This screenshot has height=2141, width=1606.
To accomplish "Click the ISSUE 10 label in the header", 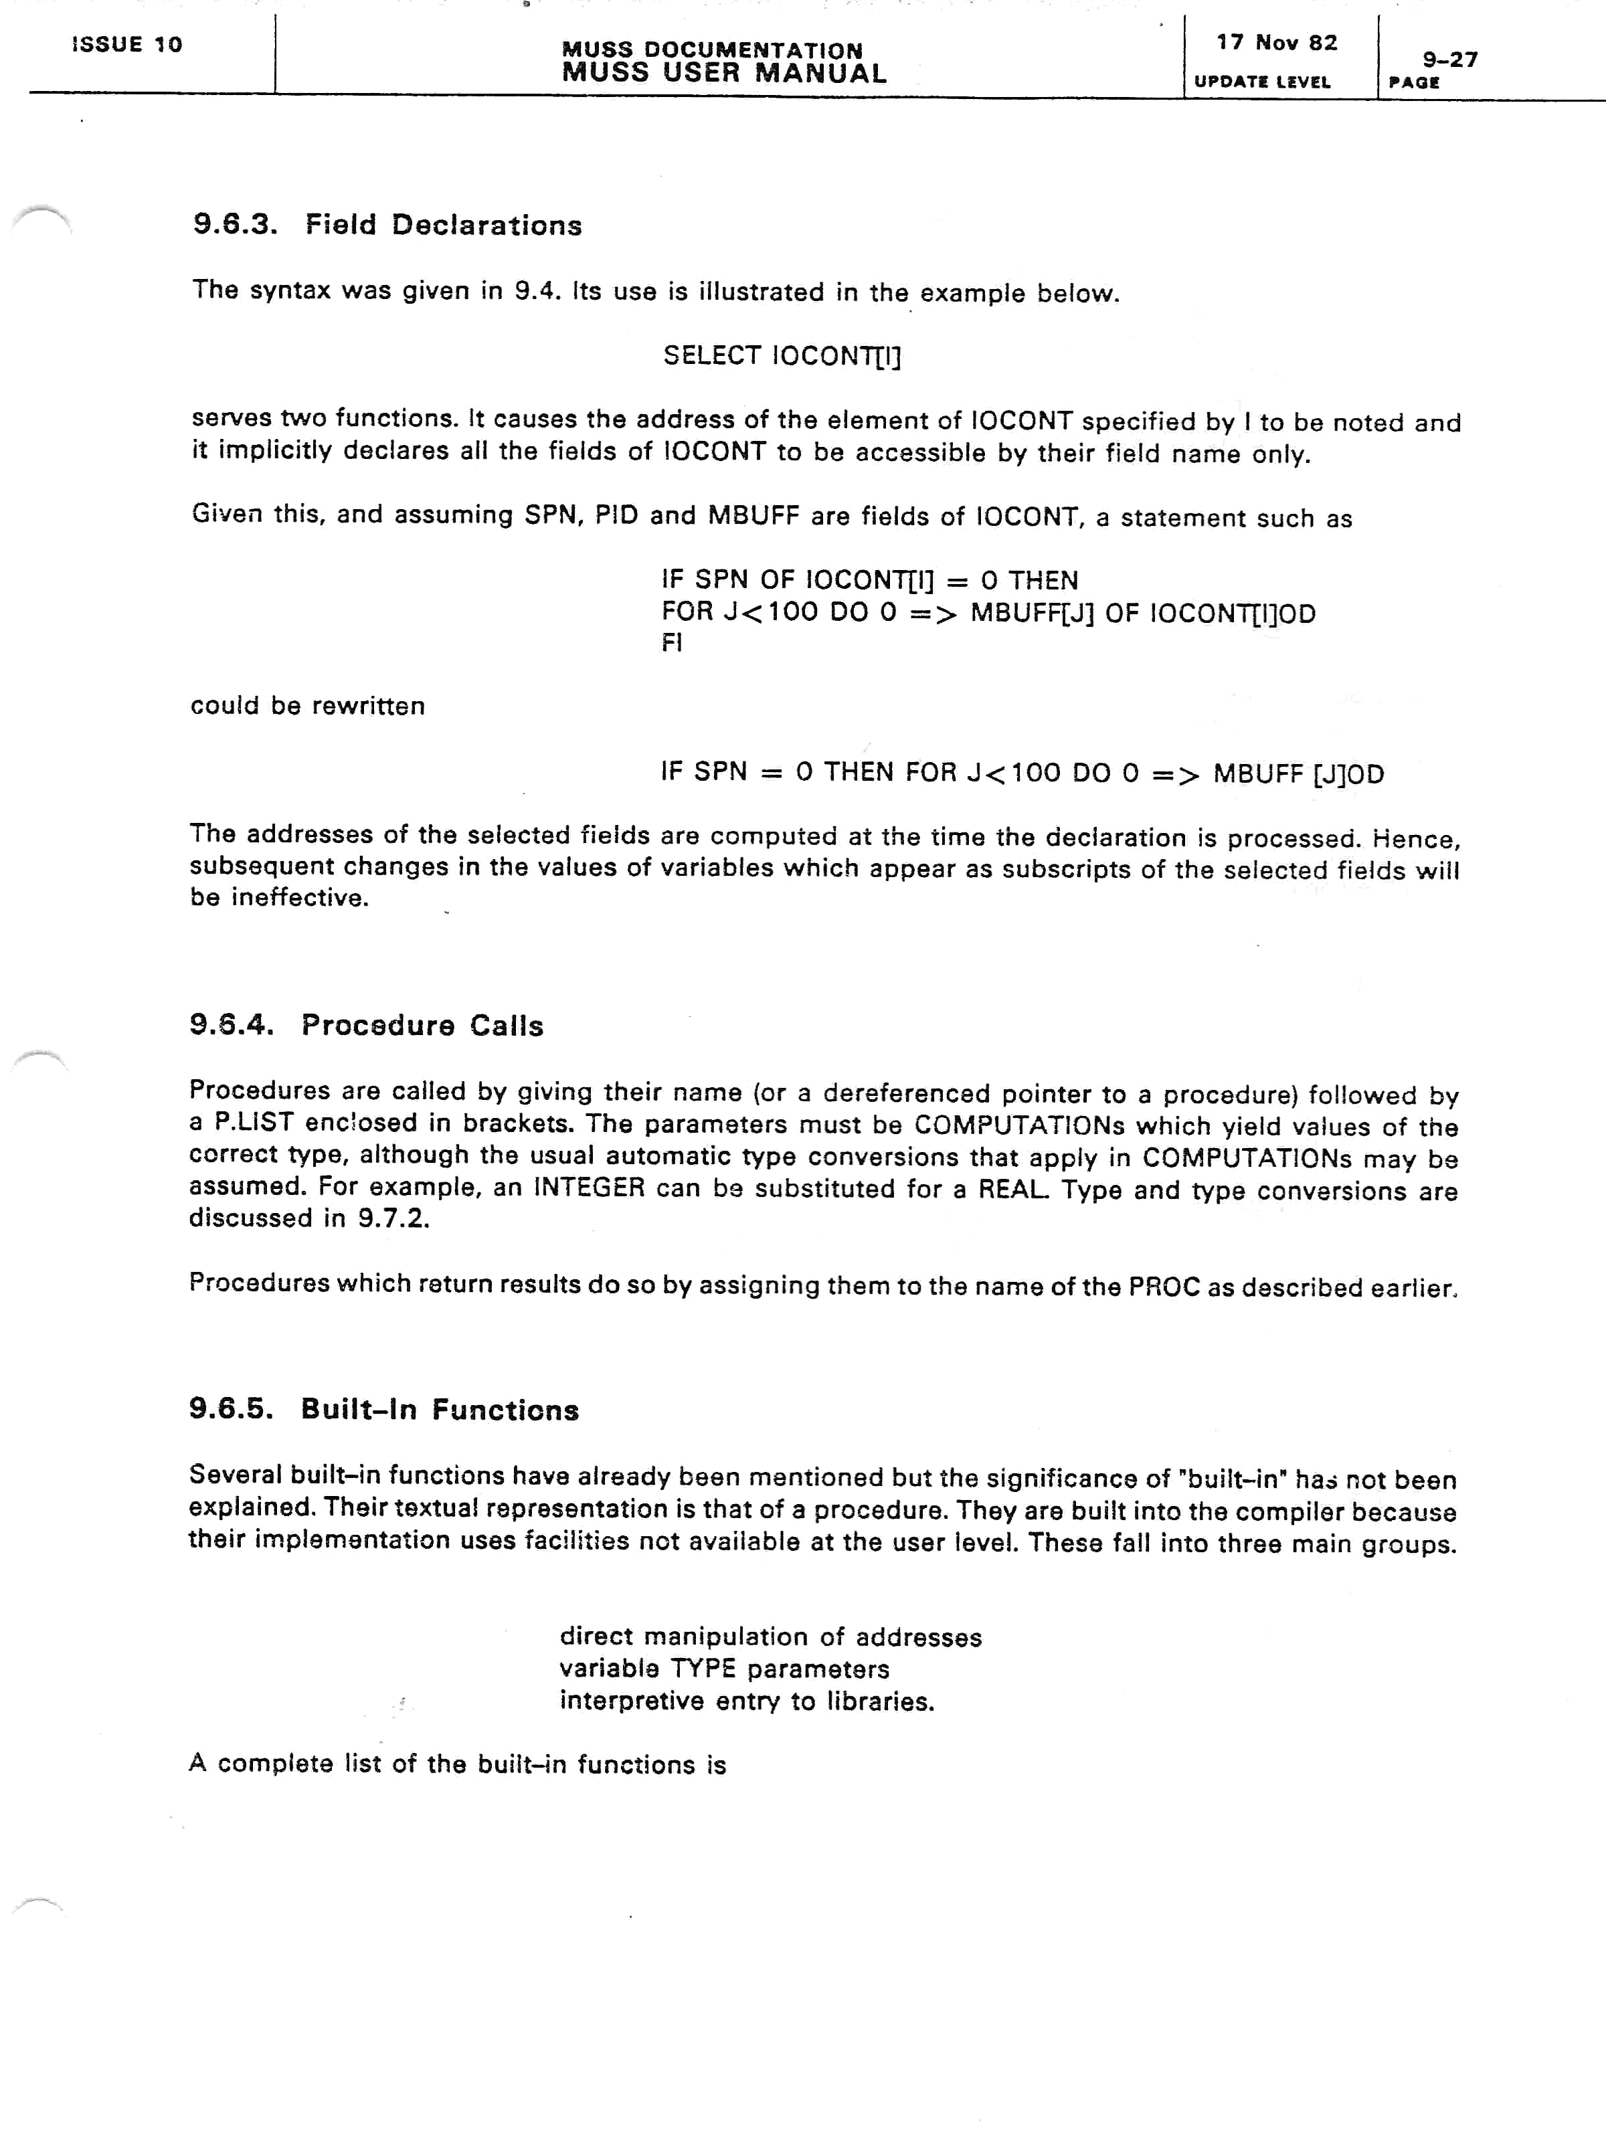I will point(127,45).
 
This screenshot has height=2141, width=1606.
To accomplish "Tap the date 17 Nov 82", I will point(1277,43).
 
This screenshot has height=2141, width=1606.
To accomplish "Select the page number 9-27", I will point(1449,60).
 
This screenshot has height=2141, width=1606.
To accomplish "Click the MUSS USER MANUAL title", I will point(723,74).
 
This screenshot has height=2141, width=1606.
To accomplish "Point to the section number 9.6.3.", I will point(236,225).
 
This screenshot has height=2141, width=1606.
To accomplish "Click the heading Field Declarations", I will point(444,225).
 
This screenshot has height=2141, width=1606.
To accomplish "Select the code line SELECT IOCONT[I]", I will point(781,356).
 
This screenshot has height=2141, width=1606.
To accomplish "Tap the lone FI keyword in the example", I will point(672,643).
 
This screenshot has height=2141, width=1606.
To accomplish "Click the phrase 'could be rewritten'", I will point(308,706).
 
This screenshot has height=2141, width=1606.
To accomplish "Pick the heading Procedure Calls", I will point(422,1026).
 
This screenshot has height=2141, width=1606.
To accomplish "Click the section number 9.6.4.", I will point(232,1025).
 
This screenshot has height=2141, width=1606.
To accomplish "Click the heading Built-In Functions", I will point(440,1410).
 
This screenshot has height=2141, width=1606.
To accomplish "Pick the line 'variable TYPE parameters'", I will point(724,1669).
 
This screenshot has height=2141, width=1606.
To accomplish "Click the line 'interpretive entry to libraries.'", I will point(746,1701).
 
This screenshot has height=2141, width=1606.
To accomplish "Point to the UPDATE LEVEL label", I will point(1262,82).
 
